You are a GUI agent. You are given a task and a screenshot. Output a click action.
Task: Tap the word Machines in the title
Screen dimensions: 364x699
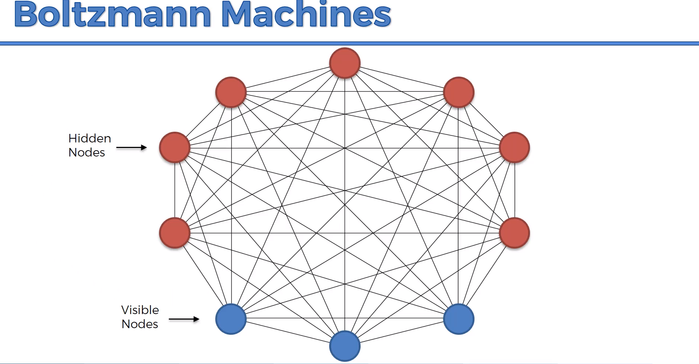pyautogui.click(x=306, y=15)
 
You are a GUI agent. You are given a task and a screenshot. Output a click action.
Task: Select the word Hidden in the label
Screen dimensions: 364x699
pyautogui.click(x=90, y=138)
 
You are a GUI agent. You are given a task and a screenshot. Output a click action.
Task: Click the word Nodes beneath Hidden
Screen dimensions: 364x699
pyautogui.click(x=87, y=152)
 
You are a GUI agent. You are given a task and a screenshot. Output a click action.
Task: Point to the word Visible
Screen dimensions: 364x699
pyautogui.click(x=140, y=310)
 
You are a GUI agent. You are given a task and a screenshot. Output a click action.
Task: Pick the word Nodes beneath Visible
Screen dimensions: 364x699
pyautogui.click(x=140, y=324)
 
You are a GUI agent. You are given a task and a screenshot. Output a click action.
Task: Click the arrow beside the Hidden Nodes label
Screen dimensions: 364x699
pyautogui.click(x=131, y=148)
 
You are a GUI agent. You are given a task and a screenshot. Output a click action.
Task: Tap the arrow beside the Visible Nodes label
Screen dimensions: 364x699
pyautogui.click(x=184, y=319)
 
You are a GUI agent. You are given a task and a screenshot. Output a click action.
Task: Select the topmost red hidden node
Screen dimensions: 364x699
pyautogui.click(x=345, y=63)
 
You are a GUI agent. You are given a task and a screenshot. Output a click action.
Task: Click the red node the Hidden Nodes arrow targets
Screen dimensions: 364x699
pyautogui.click(x=175, y=148)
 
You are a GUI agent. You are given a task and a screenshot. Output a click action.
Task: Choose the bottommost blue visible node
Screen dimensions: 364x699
pyautogui.click(x=345, y=346)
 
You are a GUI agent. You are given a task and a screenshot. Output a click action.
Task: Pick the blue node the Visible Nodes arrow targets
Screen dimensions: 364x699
pyautogui.click(x=231, y=319)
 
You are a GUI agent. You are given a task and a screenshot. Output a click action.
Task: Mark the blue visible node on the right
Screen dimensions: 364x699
pyautogui.click(x=459, y=319)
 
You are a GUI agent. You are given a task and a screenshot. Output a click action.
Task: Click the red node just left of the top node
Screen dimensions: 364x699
pyautogui.click(x=231, y=92)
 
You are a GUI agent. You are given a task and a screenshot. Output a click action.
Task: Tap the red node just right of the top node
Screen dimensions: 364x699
pyautogui.click(x=459, y=92)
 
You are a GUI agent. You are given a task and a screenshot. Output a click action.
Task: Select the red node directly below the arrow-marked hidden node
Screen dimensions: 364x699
pyautogui.click(x=175, y=233)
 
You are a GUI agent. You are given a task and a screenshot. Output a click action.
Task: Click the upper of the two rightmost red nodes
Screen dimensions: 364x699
pyautogui.click(x=514, y=148)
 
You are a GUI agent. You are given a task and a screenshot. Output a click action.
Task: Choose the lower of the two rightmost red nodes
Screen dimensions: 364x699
pyautogui.click(x=514, y=233)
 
